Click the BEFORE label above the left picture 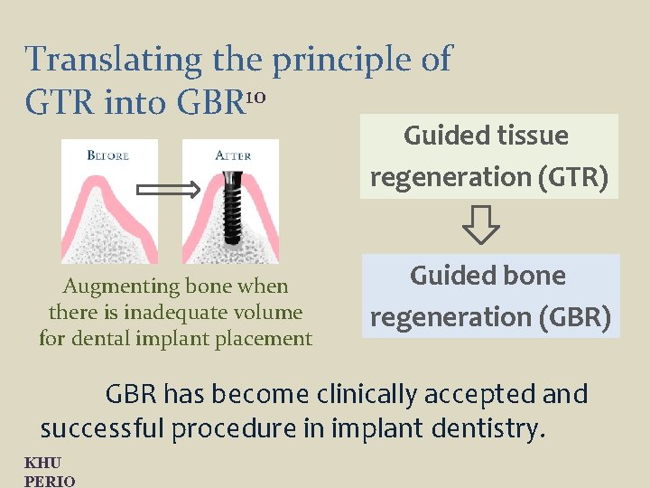108,155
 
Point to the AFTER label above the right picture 233,155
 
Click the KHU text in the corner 42,464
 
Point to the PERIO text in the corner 50,480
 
